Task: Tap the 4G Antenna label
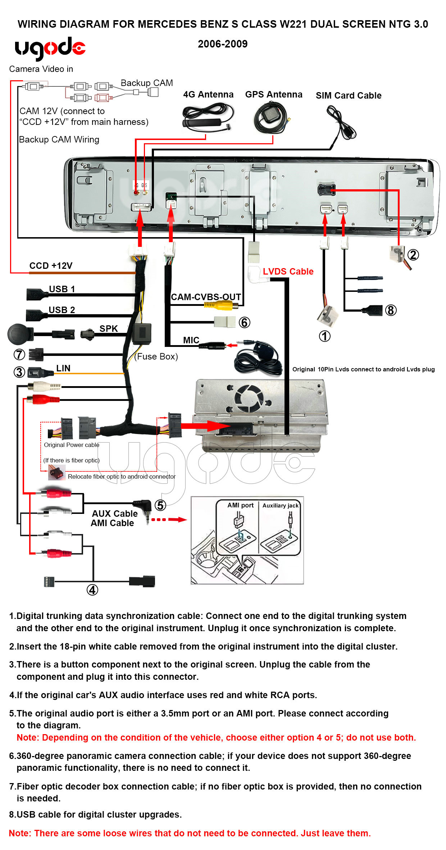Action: click(208, 94)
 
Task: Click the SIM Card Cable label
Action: click(348, 95)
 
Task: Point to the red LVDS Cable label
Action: click(288, 271)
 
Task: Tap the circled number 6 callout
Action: click(244, 322)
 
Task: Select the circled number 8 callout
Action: click(391, 310)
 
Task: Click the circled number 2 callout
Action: click(413, 255)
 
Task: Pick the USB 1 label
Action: click(62, 289)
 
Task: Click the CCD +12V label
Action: click(51, 266)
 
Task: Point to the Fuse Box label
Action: click(156, 356)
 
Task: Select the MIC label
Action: click(191, 340)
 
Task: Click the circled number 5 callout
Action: click(160, 505)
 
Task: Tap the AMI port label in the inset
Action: click(240, 505)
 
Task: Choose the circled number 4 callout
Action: click(92, 590)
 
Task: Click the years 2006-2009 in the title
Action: click(223, 44)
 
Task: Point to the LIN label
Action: click(63, 368)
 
